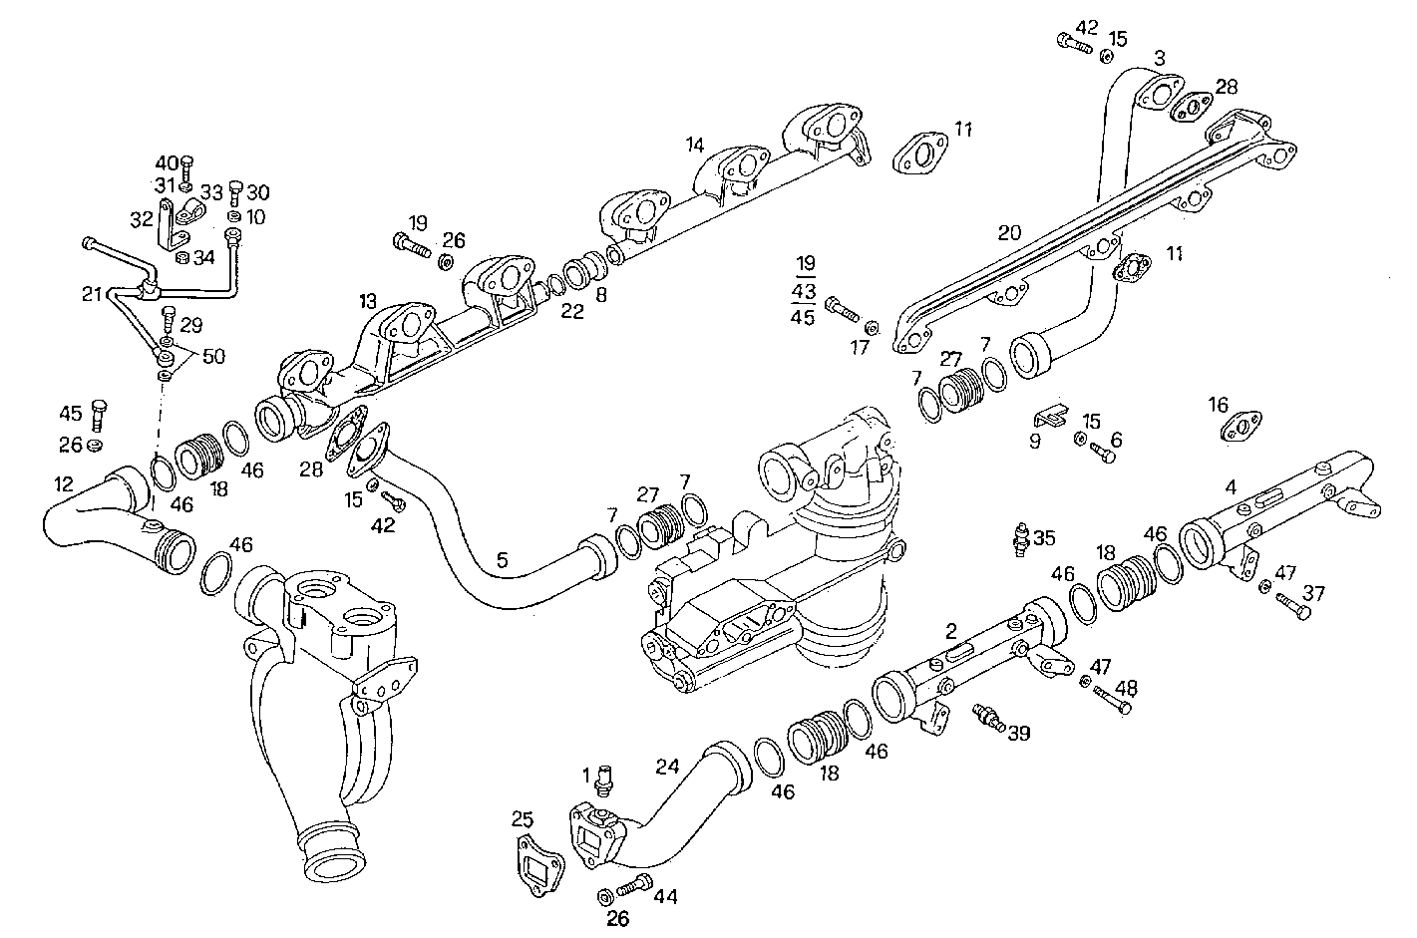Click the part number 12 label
point(64,484)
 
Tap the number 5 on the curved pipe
point(503,561)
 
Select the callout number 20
point(1009,233)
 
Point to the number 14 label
point(694,145)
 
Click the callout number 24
point(667,767)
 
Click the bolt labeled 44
point(634,885)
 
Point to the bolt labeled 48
point(1113,702)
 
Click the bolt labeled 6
point(1101,454)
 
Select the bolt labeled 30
point(235,190)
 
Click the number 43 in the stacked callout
point(803,290)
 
